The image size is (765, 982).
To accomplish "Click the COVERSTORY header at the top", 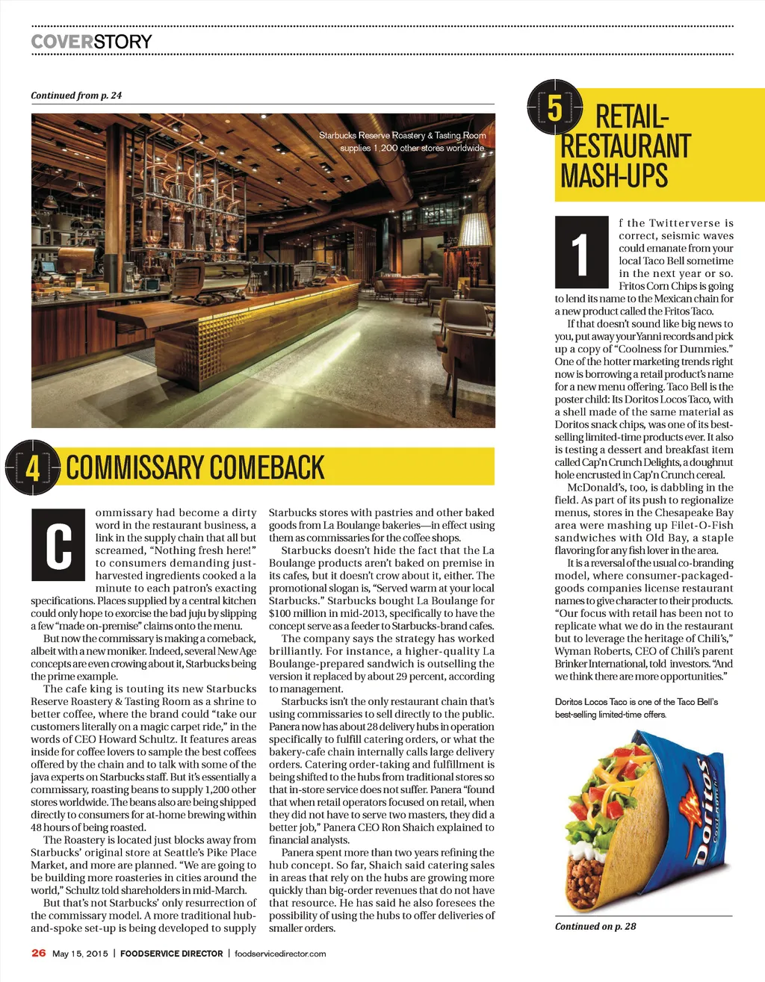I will tap(91, 41).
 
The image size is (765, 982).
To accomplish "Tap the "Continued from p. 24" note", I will tap(76, 96).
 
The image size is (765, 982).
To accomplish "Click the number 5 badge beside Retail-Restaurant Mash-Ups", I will tap(554, 108).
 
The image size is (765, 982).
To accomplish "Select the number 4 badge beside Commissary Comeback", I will tap(33, 468).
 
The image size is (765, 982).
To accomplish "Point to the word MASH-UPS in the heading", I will tap(614, 176).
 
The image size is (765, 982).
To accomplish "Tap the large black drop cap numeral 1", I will tap(581, 252).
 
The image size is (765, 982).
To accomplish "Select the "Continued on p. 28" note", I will tap(595, 926).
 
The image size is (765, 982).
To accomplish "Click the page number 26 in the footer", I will tap(39, 953).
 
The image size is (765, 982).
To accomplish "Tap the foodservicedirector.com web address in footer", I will tap(280, 954).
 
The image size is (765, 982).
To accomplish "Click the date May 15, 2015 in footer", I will tap(80, 954).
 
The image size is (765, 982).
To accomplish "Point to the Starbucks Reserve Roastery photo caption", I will tap(403, 141).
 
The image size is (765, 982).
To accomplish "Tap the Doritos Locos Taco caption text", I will tap(636, 708).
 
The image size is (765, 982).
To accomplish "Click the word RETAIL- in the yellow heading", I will tap(631, 117).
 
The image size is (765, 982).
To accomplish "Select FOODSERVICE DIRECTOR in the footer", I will tap(172, 954).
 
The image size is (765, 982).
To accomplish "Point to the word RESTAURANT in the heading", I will tap(626, 146).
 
